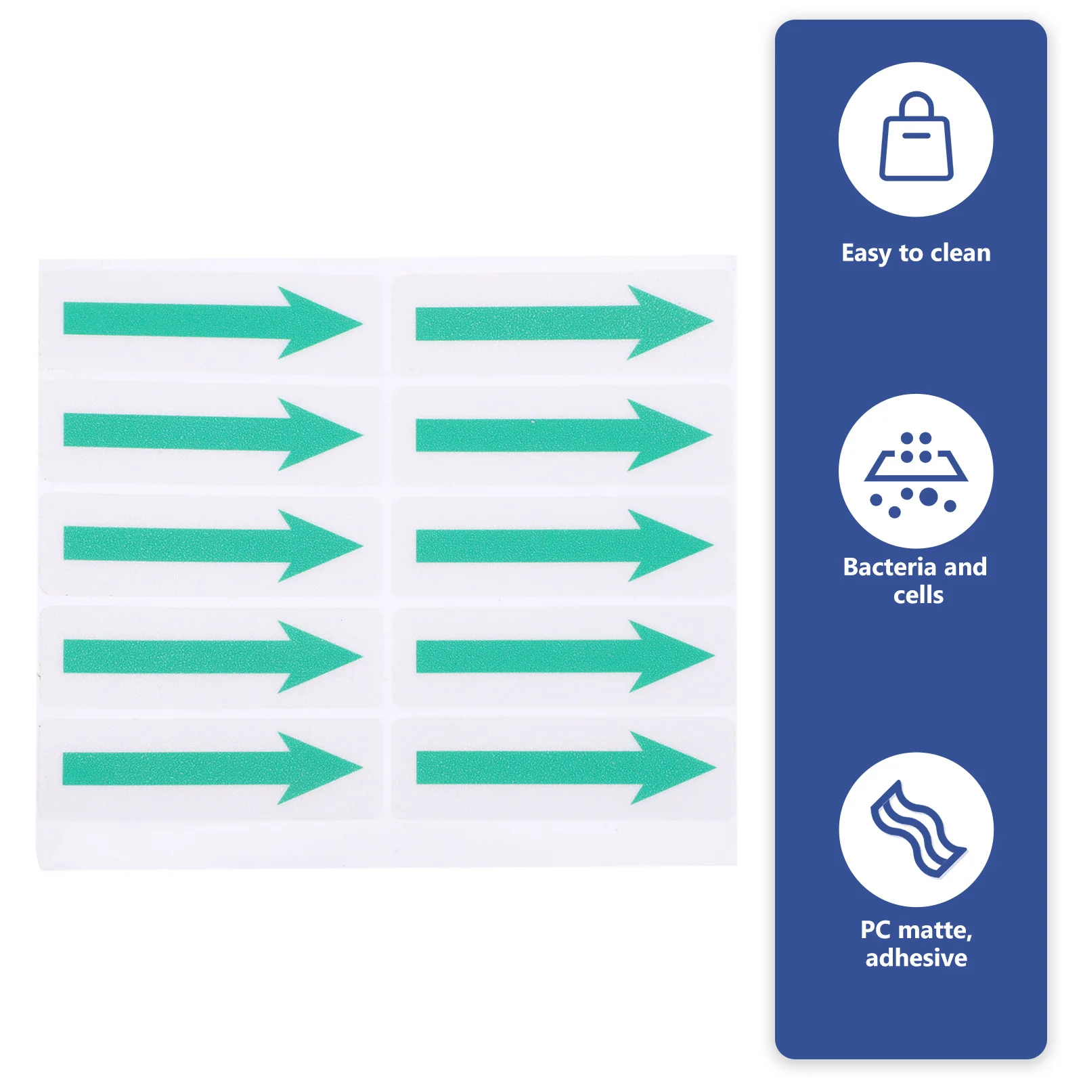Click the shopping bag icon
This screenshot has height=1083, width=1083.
tap(916, 138)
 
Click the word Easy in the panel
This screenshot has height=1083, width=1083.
tap(866, 253)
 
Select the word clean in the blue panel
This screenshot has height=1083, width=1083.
tap(960, 253)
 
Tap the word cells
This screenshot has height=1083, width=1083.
tap(918, 595)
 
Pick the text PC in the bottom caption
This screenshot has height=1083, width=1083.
tap(875, 930)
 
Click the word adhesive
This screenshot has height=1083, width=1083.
tap(916, 958)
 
